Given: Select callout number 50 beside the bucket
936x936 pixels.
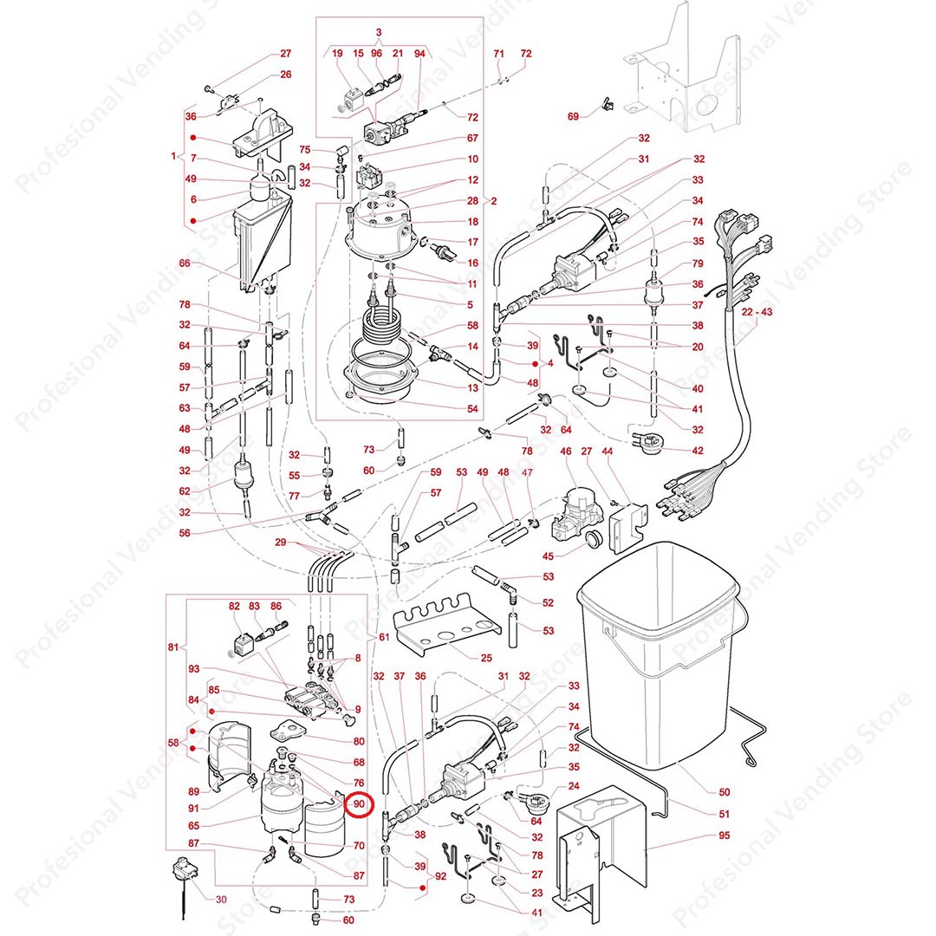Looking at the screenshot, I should (x=725, y=791).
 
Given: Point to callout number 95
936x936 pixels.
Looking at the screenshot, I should (x=725, y=836).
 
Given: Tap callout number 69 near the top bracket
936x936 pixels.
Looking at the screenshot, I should (x=573, y=116).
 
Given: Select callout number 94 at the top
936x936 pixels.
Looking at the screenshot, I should (x=420, y=54).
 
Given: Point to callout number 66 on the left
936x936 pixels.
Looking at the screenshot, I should (x=184, y=263).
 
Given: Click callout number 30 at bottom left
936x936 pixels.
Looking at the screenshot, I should (x=221, y=899).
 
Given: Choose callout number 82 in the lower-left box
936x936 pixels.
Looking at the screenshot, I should (x=234, y=607).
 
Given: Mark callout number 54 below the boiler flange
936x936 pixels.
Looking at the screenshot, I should (x=472, y=408).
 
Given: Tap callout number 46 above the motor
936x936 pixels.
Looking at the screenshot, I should (x=566, y=475).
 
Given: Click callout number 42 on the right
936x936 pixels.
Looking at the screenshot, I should (x=698, y=451).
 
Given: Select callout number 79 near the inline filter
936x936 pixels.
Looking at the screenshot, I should (x=698, y=264).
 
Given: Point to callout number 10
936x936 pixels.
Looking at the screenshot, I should (x=472, y=159).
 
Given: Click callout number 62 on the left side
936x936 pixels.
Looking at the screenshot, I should (x=184, y=491).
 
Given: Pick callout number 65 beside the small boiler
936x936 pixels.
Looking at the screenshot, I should (x=194, y=826).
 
